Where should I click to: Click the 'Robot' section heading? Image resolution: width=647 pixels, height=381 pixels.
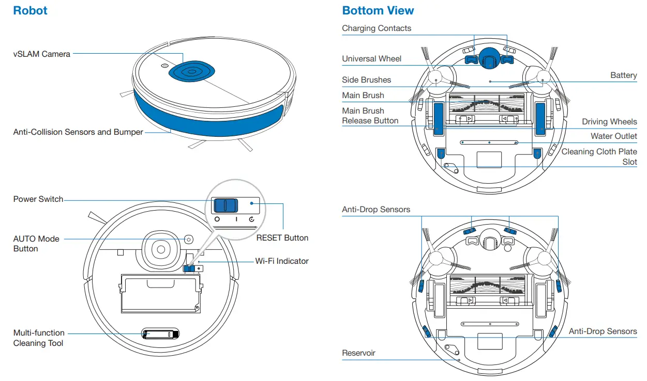[x=30, y=11]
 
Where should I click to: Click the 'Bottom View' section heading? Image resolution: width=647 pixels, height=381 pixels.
[x=378, y=11]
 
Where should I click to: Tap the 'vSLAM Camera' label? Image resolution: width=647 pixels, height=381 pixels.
[x=41, y=54]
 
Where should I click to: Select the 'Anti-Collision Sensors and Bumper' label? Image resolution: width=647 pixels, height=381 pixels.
[x=78, y=132]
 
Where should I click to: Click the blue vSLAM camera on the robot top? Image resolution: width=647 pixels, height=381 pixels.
[x=190, y=72]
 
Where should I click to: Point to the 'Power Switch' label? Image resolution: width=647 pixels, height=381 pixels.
[x=38, y=199]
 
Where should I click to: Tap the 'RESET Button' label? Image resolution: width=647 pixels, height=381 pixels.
[x=282, y=238]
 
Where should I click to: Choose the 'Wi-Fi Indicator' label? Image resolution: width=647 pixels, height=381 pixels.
[x=282, y=261]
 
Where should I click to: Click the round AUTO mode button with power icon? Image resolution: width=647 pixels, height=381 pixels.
[x=188, y=240]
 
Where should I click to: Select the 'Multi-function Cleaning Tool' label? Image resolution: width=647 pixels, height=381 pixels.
[x=39, y=338]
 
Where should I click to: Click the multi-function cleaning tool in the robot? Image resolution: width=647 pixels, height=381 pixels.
[x=160, y=335]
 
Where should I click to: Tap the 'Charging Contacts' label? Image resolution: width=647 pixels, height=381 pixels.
[x=377, y=28]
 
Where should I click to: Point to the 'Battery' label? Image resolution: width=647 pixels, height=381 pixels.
[x=623, y=75]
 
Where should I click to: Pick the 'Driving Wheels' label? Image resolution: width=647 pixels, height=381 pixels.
[x=609, y=122]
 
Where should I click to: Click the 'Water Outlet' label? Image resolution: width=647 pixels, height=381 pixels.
[x=614, y=136]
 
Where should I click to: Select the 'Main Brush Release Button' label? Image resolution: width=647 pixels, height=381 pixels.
[x=370, y=116]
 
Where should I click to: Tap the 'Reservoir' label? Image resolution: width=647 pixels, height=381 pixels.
[x=358, y=353]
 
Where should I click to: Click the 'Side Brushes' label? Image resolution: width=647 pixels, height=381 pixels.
[x=366, y=80]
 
